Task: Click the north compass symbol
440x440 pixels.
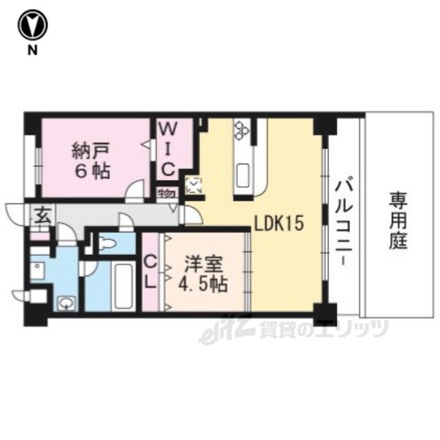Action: pyautogui.click(x=33, y=25)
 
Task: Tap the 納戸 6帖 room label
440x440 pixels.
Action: pyautogui.click(x=91, y=161)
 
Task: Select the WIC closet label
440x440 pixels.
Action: pyautogui.click(x=168, y=150)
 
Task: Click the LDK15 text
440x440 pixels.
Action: pyautogui.click(x=279, y=223)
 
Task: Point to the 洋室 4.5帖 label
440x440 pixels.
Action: pyautogui.click(x=203, y=275)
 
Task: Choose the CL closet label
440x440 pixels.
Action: pyautogui.click(x=151, y=273)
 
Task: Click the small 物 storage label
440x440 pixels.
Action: pyautogui.click(x=166, y=194)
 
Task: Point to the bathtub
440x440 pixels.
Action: pyautogui.click(x=124, y=286)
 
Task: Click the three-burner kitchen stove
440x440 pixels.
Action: pyautogui.click(x=242, y=129)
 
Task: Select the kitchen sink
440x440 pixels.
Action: pyautogui.click(x=243, y=176)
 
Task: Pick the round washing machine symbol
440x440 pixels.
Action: pyautogui.click(x=67, y=303)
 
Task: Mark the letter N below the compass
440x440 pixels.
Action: pyautogui.click(x=32, y=50)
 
